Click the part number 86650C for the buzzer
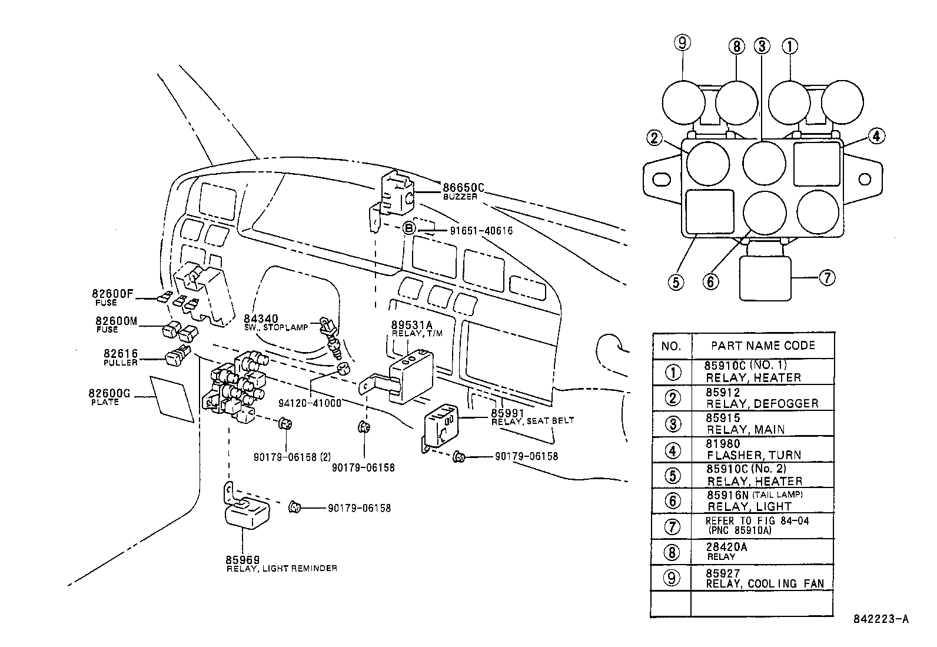coord(463,188)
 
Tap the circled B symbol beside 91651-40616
coord(409,230)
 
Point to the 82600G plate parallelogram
coord(172,399)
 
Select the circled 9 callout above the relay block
coord(683,43)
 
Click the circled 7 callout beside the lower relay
coord(827,277)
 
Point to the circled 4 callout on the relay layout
coord(875,136)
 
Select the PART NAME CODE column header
coord(763,346)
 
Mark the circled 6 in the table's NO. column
coord(672,500)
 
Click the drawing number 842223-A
coord(881,619)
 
